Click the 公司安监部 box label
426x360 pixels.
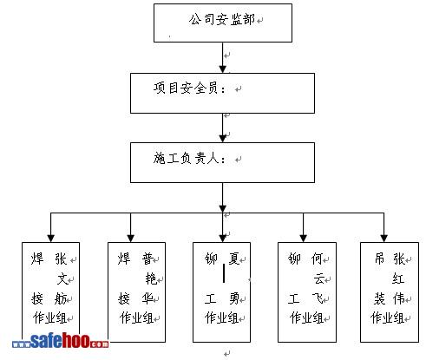point(222,20)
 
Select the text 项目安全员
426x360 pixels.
point(186,88)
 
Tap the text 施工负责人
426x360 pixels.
point(186,158)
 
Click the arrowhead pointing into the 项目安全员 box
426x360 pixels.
point(222,69)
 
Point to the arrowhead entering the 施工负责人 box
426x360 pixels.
point(222,139)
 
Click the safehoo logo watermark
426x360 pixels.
point(61,341)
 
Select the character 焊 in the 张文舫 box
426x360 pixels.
point(37,259)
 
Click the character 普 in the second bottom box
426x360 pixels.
point(147,259)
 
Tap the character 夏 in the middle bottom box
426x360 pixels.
point(234,259)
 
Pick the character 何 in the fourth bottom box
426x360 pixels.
point(317,259)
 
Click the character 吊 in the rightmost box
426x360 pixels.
point(379,259)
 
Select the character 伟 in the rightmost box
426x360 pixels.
point(399,298)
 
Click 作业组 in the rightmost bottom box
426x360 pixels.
point(387,317)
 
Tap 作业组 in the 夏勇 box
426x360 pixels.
point(221,317)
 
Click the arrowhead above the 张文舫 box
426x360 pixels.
point(50,239)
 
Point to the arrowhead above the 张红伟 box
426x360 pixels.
point(383,239)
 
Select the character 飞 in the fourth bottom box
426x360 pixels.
point(318,298)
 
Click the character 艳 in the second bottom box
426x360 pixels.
point(151,278)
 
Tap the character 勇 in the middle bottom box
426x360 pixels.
point(234,298)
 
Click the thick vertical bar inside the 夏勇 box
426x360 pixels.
point(224,273)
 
